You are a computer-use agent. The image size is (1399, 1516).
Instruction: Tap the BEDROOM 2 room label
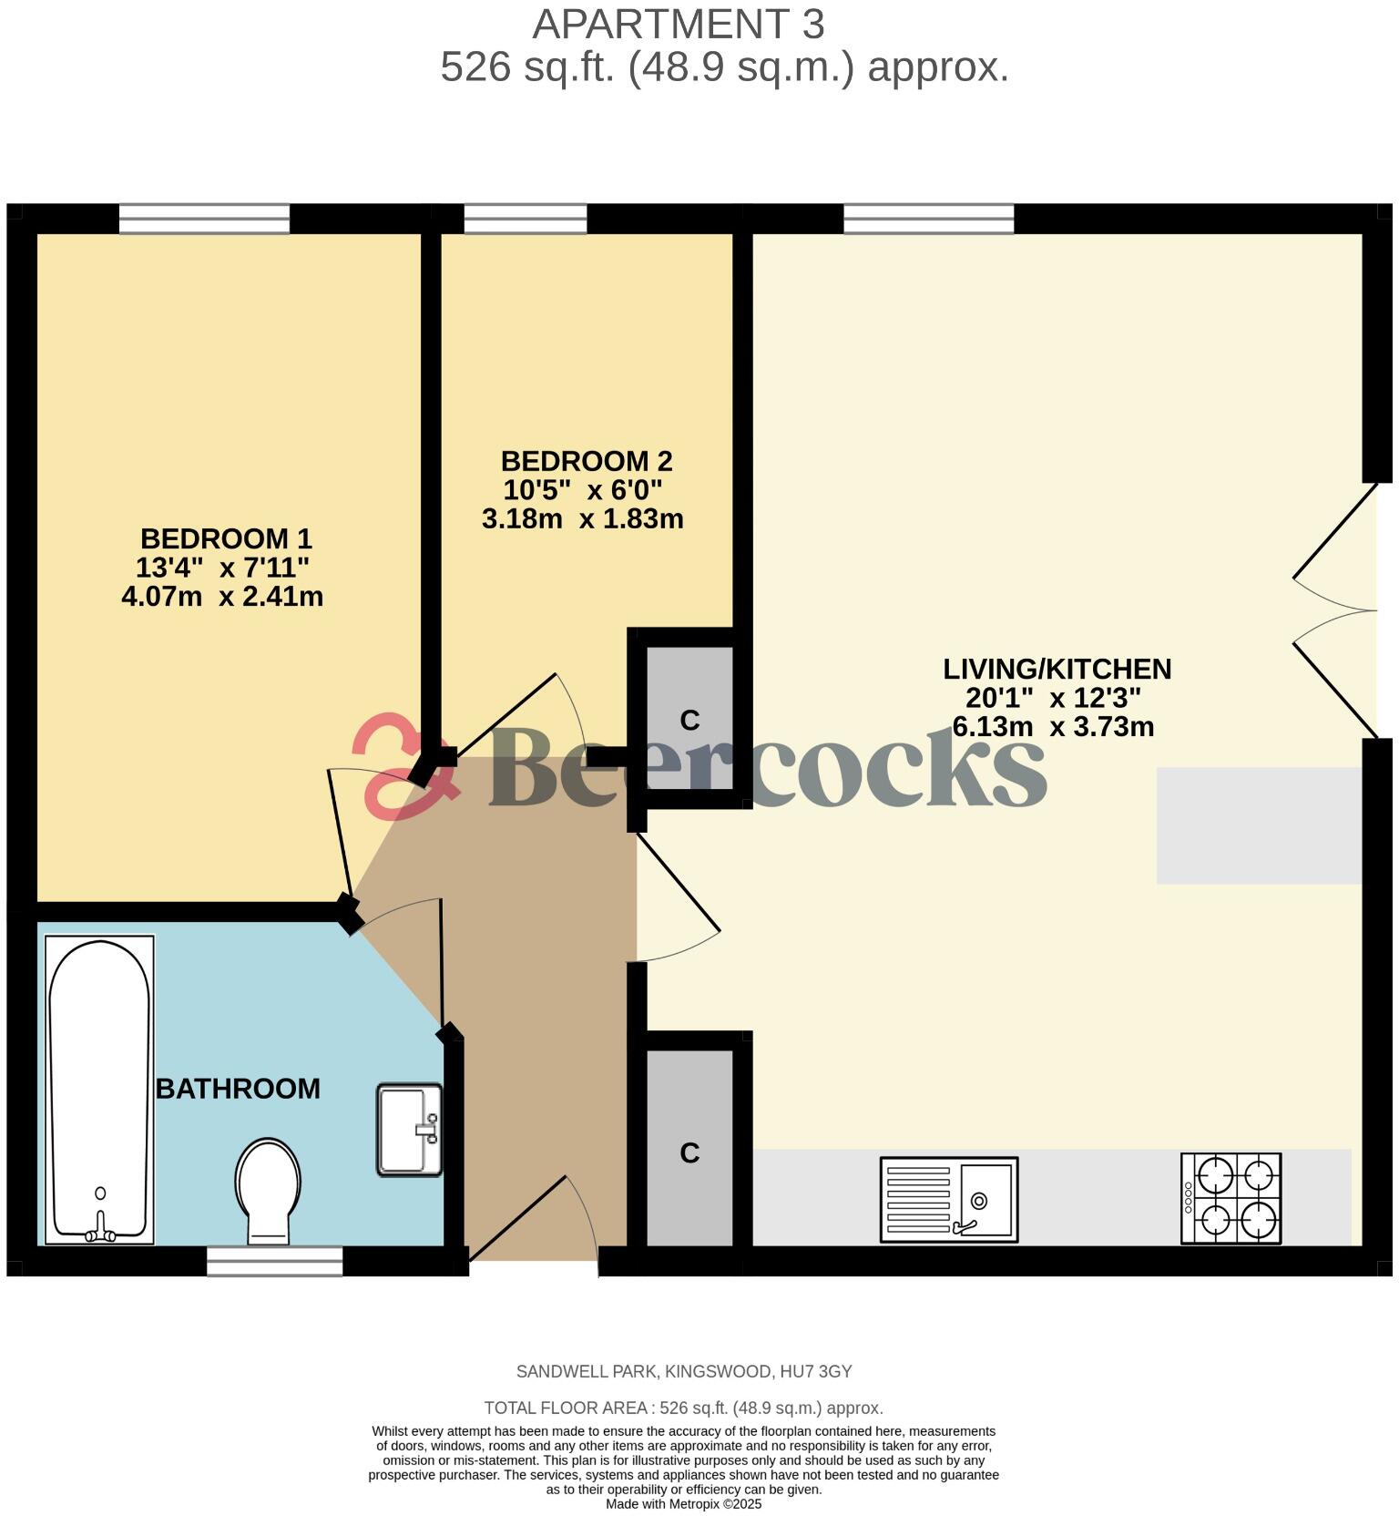coord(586,461)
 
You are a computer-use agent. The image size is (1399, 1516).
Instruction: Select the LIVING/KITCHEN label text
coord(1057,670)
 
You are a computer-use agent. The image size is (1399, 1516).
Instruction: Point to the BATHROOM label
coord(238,1089)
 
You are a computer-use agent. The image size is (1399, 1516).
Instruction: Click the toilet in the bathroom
coord(268,1188)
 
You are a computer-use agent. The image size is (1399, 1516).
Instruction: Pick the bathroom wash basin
coord(409,1129)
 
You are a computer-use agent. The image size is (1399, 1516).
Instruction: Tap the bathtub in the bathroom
coord(99,1089)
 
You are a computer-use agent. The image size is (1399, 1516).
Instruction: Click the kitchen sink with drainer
coord(948,1199)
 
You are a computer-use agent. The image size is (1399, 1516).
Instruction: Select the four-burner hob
coord(1231,1198)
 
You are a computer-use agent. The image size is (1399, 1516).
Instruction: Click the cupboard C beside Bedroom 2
coord(689,720)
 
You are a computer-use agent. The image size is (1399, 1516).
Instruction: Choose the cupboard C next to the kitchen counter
coord(689,1152)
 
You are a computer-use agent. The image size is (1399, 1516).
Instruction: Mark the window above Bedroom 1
coord(204,219)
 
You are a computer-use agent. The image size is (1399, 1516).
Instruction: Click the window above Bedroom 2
coord(526,219)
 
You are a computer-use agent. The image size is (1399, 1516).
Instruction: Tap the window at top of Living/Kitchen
coord(928,219)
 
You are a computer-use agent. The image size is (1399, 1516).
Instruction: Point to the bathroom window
coord(274,1261)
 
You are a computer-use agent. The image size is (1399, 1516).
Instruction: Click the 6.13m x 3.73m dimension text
coord(1053,727)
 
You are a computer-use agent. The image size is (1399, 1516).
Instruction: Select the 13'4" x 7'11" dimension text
coord(222,568)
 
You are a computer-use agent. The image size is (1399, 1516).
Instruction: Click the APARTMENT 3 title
coord(679,25)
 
